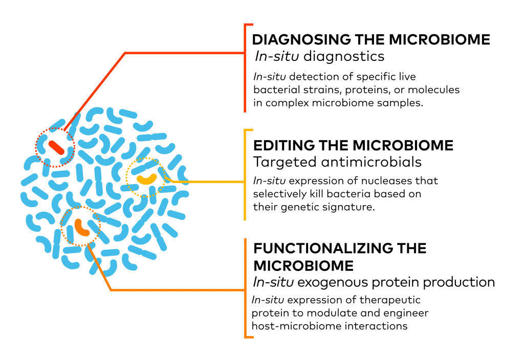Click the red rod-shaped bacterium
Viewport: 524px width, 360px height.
(56, 148)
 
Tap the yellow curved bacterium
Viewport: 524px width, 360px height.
(147, 179)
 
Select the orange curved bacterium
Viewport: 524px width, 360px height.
(81, 228)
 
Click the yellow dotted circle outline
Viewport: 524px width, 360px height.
(126, 176)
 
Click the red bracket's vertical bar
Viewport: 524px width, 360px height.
(245, 82)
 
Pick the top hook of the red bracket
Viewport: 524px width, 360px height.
(249, 25)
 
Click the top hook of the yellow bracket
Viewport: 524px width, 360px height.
(249, 130)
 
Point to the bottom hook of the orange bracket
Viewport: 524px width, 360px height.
(249, 337)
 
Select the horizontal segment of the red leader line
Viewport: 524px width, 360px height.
(184, 53)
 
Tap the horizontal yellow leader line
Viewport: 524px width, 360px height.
(210, 182)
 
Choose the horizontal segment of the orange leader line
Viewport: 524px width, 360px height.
(179, 290)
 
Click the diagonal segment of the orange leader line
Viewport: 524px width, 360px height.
(100, 268)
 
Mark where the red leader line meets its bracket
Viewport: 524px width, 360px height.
(245, 53)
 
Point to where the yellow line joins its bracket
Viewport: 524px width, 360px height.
(245, 182)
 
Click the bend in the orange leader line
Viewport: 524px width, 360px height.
(111, 290)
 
